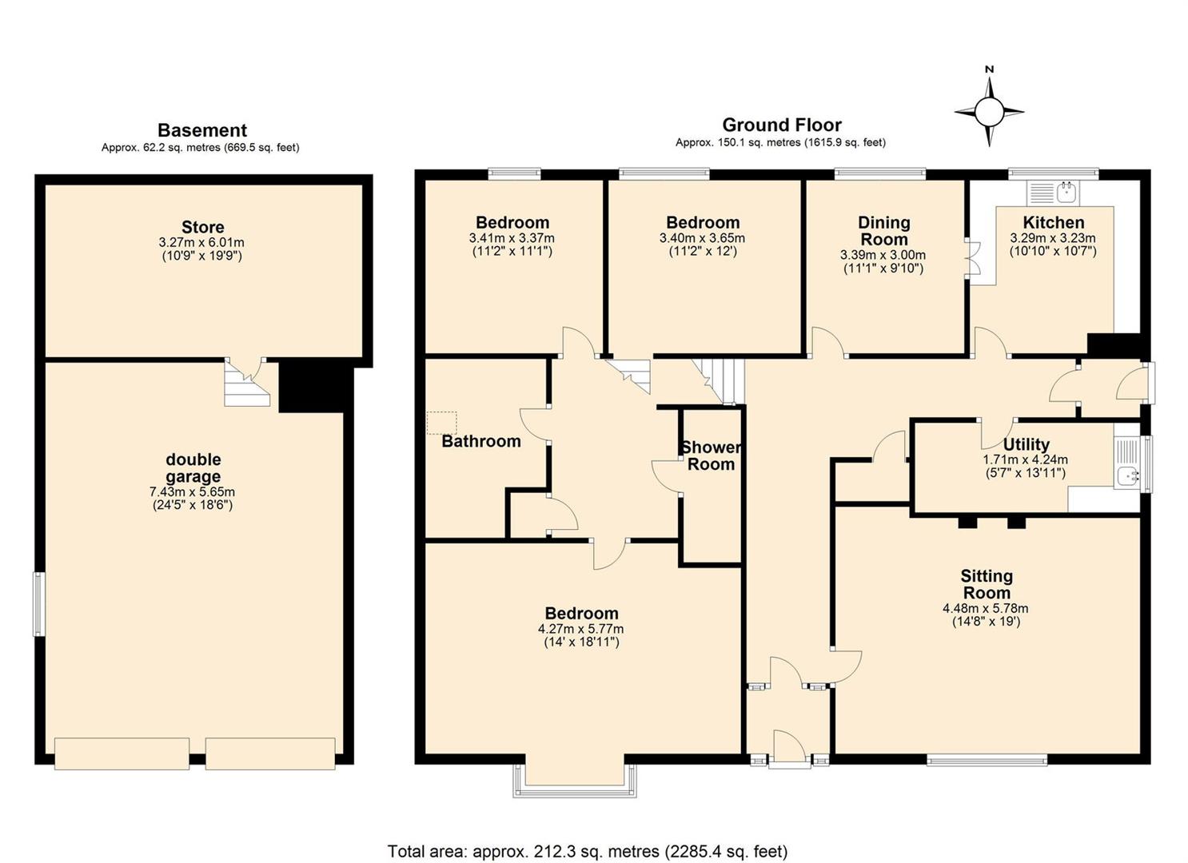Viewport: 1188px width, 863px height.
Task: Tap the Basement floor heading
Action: [202, 130]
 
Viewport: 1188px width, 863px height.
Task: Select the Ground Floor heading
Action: [782, 125]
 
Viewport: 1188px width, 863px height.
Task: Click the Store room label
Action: [202, 228]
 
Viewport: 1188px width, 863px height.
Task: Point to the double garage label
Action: [193, 467]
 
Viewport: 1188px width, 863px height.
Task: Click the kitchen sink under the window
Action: [1053, 193]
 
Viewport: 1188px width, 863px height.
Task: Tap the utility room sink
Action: [1126, 462]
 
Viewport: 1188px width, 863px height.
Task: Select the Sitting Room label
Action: [987, 584]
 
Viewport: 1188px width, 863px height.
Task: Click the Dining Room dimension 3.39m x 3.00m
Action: [883, 255]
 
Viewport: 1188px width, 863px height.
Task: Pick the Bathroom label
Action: [481, 441]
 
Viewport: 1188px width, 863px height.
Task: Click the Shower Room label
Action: [712, 456]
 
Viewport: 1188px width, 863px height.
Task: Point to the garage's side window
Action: [39, 603]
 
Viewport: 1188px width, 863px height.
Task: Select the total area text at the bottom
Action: [588, 837]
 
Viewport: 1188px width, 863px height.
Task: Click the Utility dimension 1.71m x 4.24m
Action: [1025, 459]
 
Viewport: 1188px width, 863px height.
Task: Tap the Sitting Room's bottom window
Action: [987, 760]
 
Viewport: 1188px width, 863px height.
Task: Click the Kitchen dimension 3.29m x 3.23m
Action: [1053, 238]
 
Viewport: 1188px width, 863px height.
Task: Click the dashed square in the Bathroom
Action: [442, 424]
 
